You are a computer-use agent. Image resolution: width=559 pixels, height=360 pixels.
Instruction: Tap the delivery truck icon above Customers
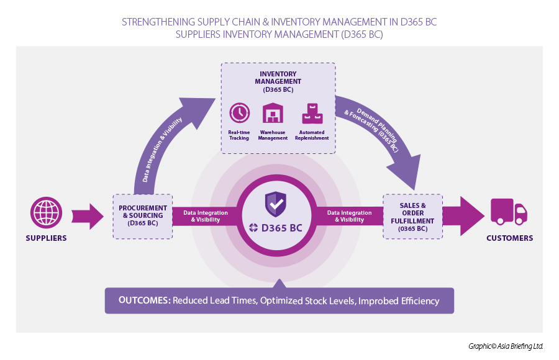click(x=509, y=212)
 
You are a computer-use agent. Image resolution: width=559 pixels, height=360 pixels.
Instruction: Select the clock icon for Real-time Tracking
click(x=239, y=113)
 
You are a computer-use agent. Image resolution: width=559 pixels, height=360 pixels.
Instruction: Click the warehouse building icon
click(x=273, y=114)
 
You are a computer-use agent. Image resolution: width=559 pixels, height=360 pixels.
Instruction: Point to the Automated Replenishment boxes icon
click(x=312, y=114)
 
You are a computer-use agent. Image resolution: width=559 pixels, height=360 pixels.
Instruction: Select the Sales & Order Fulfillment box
click(x=413, y=215)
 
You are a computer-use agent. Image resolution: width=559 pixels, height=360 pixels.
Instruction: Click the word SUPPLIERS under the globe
click(x=47, y=238)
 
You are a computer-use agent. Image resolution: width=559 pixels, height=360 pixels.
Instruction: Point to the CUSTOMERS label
click(x=509, y=238)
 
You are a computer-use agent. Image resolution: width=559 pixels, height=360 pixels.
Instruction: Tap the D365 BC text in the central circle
click(x=282, y=228)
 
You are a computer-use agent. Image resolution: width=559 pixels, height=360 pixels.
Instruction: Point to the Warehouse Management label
click(x=273, y=135)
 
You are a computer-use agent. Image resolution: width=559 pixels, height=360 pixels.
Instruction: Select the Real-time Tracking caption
click(x=239, y=135)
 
